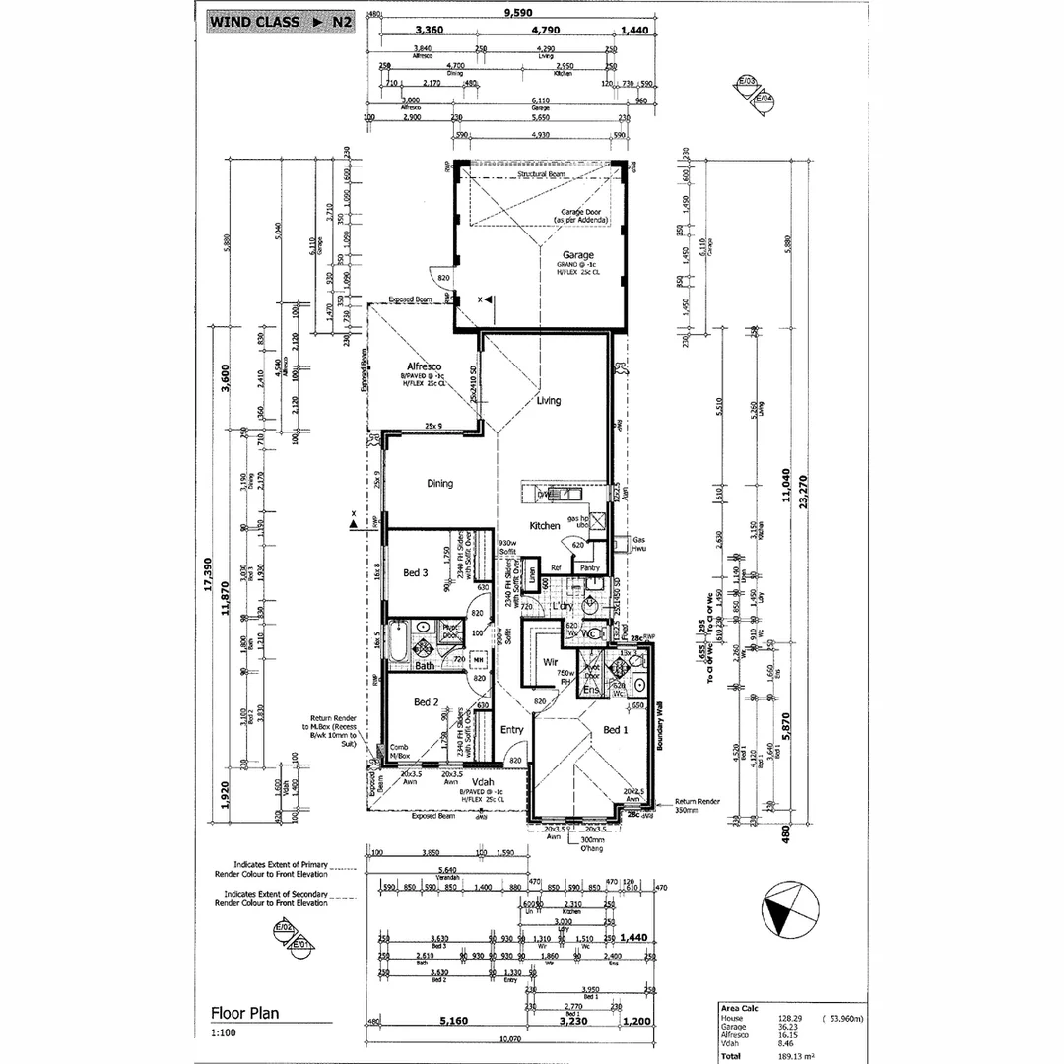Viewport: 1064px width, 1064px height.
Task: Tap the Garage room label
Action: pos(578,255)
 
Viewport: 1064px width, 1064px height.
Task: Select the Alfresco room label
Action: pos(421,366)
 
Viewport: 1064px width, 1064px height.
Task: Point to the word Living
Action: pos(549,401)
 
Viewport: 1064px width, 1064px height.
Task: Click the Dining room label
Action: pos(439,484)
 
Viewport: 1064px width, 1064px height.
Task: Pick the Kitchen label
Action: pos(545,526)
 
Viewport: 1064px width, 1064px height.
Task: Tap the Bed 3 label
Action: pos(416,572)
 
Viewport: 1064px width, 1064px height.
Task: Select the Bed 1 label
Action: pos(614,730)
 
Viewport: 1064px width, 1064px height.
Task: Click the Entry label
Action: pos(511,730)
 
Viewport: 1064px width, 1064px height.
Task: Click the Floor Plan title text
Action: pos(244,1013)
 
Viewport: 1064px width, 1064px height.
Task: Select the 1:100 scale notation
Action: pos(224,1033)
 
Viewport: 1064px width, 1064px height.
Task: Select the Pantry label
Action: pos(589,568)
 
